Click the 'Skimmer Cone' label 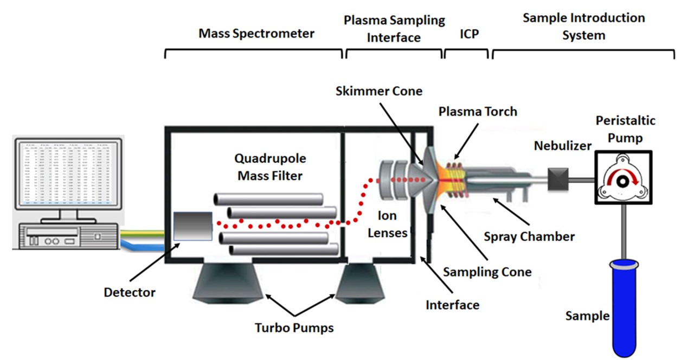coord(378,91)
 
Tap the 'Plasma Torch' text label coord(478,112)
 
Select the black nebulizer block coord(557,179)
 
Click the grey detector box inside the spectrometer coord(192,226)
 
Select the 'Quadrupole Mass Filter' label coord(270,168)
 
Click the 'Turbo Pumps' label coord(294,327)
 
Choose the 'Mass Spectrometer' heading coord(256,34)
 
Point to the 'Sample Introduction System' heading coord(583,27)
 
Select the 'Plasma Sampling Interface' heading coord(394,29)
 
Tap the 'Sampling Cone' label coord(487,272)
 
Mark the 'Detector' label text coord(130,292)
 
